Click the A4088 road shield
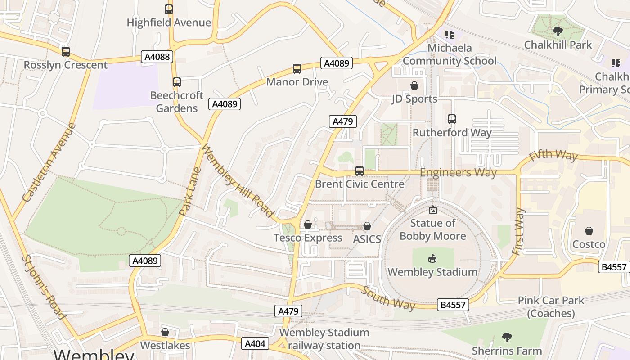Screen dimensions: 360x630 coord(157,57)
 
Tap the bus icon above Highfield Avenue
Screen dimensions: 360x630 coord(169,9)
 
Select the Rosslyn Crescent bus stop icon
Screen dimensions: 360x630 coord(66,52)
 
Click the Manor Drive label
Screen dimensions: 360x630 coord(297,82)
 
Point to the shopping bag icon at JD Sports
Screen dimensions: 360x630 coord(414,85)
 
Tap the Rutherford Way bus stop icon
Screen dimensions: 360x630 coord(452,119)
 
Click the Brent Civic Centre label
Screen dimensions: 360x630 coord(360,184)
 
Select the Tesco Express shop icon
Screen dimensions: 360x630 coord(308,225)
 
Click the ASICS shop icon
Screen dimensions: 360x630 coord(367,226)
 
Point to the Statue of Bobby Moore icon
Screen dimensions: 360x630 coord(432,210)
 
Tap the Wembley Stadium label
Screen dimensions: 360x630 coord(432,272)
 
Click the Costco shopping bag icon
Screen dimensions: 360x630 coord(589,231)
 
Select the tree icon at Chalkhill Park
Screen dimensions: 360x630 coord(558,31)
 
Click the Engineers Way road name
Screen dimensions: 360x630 coord(458,173)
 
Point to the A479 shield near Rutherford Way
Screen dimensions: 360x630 coord(343,121)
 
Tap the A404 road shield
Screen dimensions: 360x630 coord(255,344)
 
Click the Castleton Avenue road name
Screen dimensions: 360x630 coord(49,162)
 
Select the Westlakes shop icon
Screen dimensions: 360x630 coord(165,332)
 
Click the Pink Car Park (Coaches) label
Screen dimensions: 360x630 coord(551,307)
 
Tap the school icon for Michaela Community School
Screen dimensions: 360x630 coord(449,34)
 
